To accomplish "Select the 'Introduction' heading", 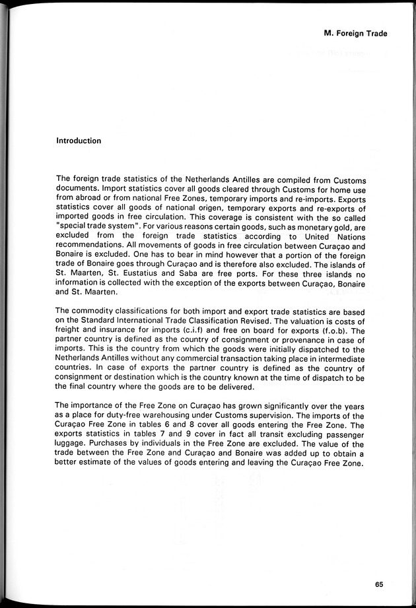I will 79,141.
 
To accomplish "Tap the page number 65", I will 378,584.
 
